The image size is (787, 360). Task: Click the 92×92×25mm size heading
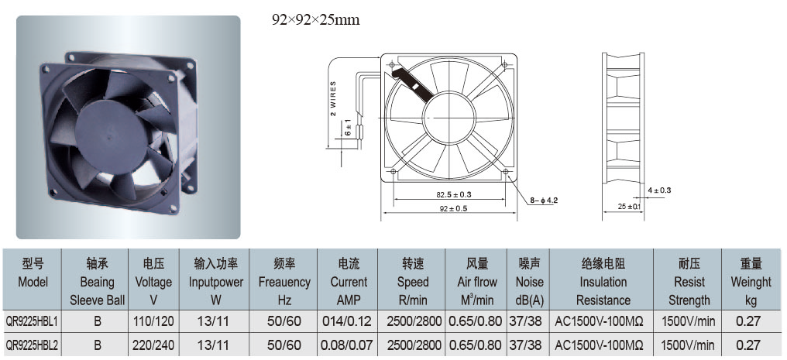coord(316,20)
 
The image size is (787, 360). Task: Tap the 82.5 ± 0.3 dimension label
coord(450,194)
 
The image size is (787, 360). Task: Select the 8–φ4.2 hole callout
coord(544,201)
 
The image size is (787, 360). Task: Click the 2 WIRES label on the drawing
coord(333,99)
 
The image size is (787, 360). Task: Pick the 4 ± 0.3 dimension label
coord(659,190)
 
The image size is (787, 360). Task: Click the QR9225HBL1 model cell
coord(31,321)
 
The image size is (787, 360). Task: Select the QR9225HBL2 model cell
coord(31,345)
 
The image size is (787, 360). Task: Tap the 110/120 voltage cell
coord(153,321)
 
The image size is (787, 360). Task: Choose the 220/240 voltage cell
coord(153,345)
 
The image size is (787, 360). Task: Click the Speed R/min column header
coord(413,282)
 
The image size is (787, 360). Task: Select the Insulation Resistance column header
coord(603,282)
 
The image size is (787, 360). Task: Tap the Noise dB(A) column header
coord(530,282)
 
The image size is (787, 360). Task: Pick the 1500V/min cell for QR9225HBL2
coord(689,345)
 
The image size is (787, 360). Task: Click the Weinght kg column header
coord(751,282)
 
